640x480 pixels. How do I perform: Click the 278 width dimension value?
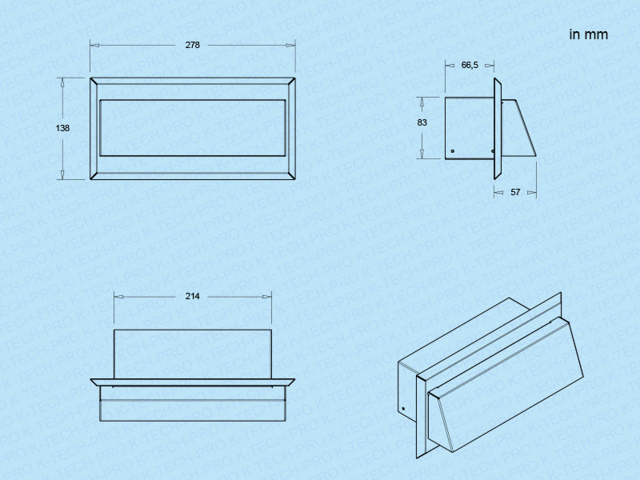click(x=193, y=45)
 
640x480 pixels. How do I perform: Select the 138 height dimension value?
click(x=62, y=128)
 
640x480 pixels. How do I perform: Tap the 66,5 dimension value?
click(x=470, y=66)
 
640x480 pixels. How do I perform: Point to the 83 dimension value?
click(x=422, y=122)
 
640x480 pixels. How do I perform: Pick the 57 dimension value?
click(x=515, y=192)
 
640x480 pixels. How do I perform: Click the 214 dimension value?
click(x=192, y=296)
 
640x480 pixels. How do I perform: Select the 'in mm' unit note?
click(x=589, y=34)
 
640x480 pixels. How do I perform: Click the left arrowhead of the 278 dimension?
click(x=94, y=45)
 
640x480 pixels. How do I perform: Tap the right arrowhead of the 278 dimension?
click(x=290, y=45)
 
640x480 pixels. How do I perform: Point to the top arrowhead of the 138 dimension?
click(x=62, y=82)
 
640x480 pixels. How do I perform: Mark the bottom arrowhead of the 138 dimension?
click(x=62, y=174)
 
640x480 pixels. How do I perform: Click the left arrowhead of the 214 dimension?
click(x=118, y=297)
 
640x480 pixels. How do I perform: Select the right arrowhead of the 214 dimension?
click(x=267, y=297)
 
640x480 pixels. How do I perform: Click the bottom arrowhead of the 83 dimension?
click(x=422, y=154)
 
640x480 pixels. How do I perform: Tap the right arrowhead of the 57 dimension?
click(x=532, y=192)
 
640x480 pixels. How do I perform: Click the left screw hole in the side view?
click(x=453, y=151)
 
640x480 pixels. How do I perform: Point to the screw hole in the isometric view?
click(x=403, y=409)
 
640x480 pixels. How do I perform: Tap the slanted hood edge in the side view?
click(x=526, y=127)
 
